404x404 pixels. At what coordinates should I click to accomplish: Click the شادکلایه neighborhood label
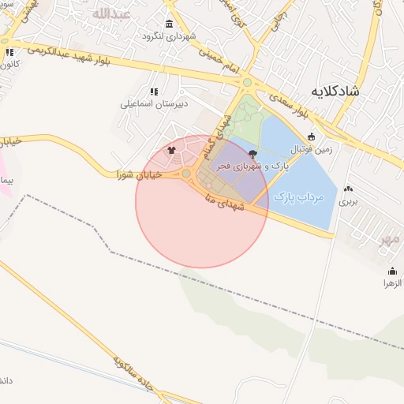click(x=335, y=91)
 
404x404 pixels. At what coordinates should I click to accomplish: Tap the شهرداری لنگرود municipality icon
click(x=170, y=24)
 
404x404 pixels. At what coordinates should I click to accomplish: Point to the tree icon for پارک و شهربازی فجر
click(x=252, y=154)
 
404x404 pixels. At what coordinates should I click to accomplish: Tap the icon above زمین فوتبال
click(x=311, y=136)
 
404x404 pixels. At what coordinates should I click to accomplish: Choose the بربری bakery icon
click(x=348, y=189)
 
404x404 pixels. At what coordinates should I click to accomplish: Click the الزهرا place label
click(x=393, y=282)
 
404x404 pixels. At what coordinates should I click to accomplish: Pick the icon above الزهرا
click(x=393, y=271)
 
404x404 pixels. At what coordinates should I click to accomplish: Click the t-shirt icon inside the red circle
click(x=172, y=150)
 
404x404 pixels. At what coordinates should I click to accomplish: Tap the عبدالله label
click(x=110, y=13)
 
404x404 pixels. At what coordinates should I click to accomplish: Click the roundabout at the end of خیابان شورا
click(x=187, y=173)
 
